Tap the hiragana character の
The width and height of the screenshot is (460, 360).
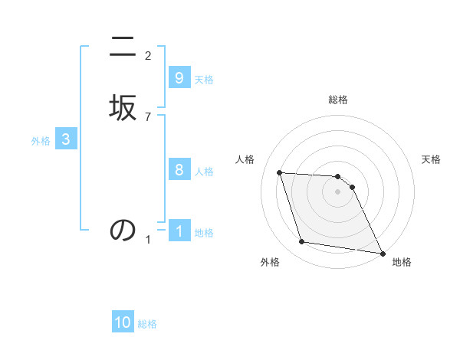(x=123, y=230)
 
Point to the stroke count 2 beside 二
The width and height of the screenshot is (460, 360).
(x=148, y=56)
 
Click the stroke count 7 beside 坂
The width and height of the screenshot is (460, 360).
(x=148, y=117)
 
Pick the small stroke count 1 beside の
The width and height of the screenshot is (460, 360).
(x=148, y=240)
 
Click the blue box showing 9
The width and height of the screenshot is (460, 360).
(x=179, y=78)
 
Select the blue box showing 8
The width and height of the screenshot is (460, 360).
(x=179, y=170)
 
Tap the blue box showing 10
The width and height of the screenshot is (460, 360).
(x=123, y=323)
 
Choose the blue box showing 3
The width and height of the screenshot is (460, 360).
(x=66, y=139)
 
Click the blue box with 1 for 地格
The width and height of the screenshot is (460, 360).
(x=179, y=231)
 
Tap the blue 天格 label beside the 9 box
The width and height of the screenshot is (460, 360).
(x=204, y=80)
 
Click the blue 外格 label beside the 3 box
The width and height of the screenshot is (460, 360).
(x=41, y=141)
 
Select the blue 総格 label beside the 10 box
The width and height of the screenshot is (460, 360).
(x=147, y=325)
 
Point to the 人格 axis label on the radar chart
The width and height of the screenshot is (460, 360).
(x=245, y=159)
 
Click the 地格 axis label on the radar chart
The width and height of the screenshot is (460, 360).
(x=402, y=262)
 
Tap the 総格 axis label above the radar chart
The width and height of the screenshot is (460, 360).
(x=338, y=100)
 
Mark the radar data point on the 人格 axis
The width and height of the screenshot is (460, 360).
(x=280, y=173)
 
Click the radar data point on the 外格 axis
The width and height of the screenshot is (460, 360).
(x=302, y=242)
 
